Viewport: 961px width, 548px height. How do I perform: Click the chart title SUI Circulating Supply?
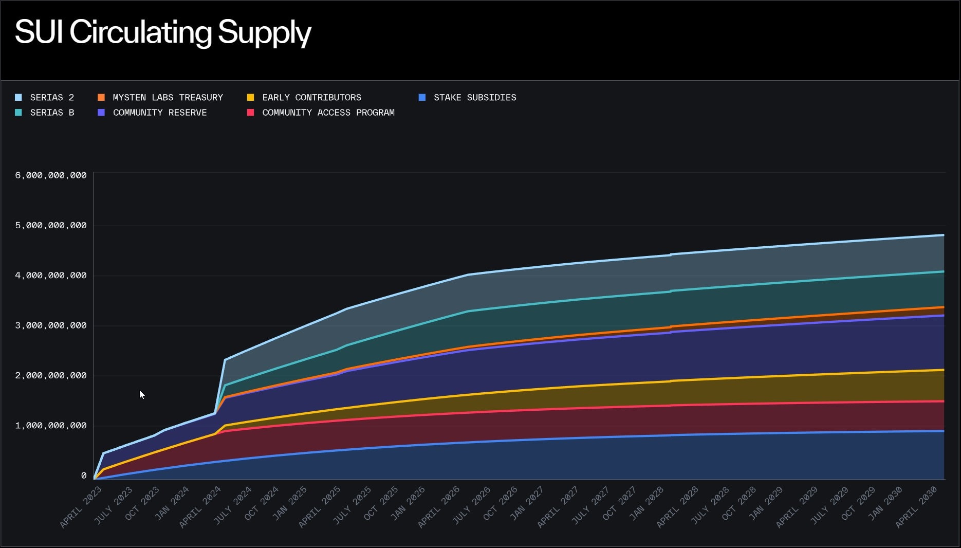coord(163,32)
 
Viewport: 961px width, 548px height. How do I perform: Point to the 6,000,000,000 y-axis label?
coord(50,175)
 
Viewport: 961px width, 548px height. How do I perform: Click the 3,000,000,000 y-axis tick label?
coord(50,325)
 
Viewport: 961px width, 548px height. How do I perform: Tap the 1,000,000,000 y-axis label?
coord(50,426)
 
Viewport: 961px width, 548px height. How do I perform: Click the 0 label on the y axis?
coord(84,476)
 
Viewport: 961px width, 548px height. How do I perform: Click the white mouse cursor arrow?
coord(141,394)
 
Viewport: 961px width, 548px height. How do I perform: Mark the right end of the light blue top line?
coord(944,235)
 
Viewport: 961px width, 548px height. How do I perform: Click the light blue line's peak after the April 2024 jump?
coord(225,359)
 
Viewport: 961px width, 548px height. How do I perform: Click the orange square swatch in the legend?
coord(101,97)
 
